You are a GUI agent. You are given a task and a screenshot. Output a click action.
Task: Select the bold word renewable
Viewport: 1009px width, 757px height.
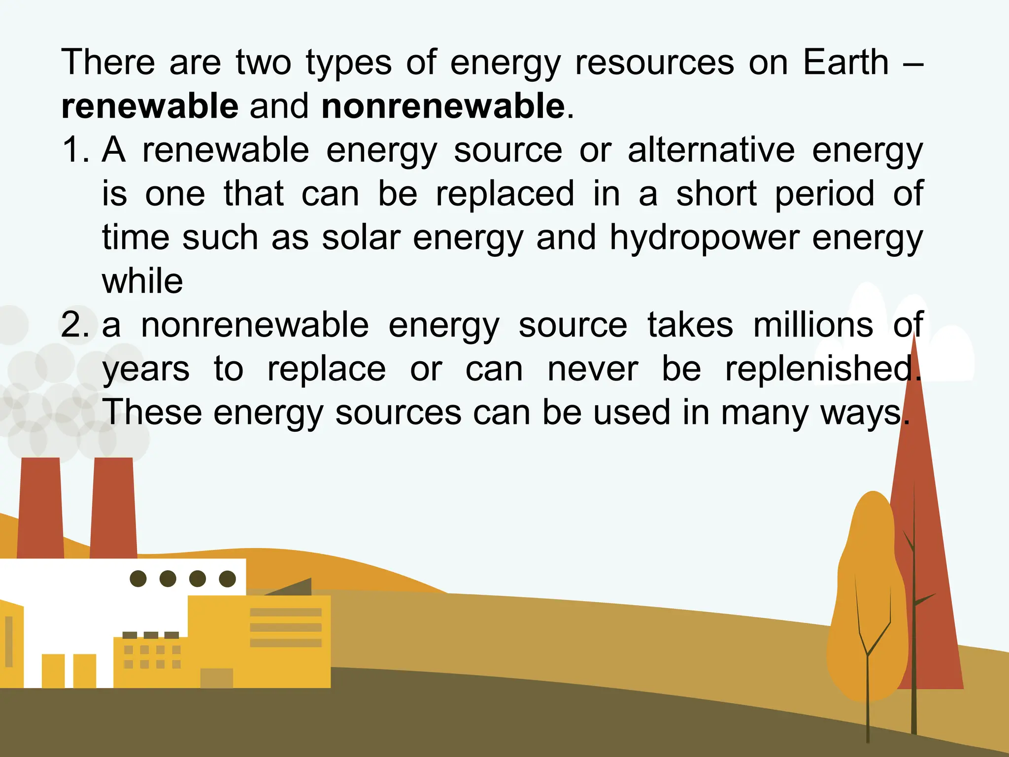tap(150, 106)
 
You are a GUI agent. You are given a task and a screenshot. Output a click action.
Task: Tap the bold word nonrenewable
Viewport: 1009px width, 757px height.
tap(443, 106)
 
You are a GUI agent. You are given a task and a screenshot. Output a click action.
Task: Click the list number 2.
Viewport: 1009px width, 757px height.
tap(75, 325)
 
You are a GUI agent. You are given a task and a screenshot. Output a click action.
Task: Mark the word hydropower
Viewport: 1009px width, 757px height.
tap(705, 239)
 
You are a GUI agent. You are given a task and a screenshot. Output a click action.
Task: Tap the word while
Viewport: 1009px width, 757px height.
tap(142, 281)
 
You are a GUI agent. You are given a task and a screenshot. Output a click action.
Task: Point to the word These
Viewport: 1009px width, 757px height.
tap(152, 412)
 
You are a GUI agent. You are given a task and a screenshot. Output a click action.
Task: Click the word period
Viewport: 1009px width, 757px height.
tap(825, 194)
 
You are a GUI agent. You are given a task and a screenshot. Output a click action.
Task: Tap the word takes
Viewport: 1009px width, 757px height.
tap(690, 325)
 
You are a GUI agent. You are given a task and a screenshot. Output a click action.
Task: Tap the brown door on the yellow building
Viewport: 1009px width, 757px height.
tap(216, 678)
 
